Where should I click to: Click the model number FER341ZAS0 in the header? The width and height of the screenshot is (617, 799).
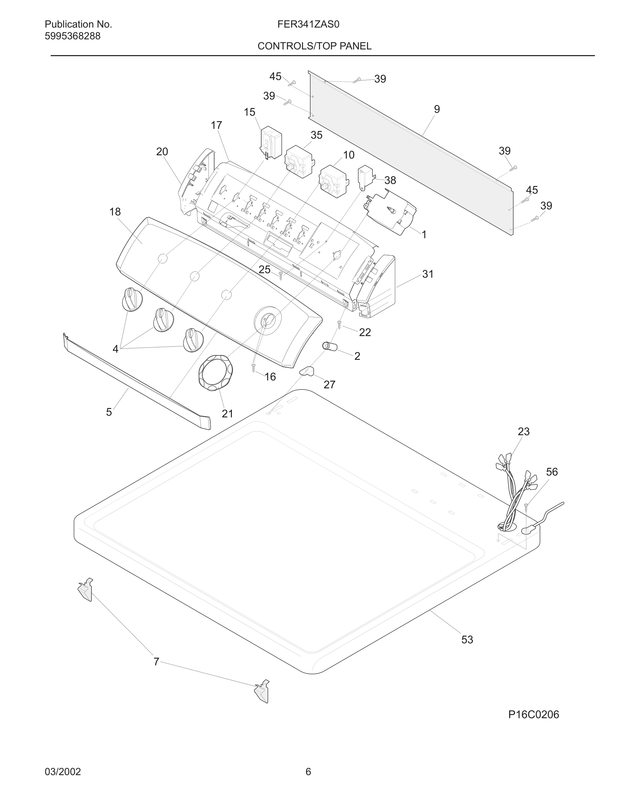pos(308,25)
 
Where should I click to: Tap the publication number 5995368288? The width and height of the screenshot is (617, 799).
pos(72,36)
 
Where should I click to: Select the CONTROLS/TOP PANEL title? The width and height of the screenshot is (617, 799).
pos(314,46)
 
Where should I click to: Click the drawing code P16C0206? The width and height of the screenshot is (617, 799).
pos(533,715)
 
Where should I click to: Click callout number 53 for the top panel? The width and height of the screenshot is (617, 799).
pos(467,640)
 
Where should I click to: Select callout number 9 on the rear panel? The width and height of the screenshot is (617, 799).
pos(437,109)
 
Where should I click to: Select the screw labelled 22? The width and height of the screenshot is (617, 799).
pos(339,324)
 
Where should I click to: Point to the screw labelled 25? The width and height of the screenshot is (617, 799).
pos(280,275)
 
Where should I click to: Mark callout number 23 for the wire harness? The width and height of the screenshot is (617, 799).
pos(524,431)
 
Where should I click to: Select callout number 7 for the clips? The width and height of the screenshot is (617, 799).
pos(156,662)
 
